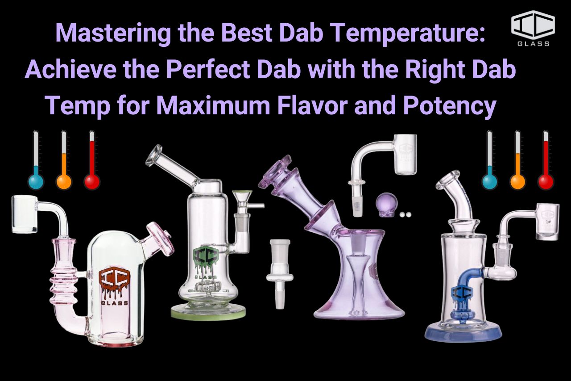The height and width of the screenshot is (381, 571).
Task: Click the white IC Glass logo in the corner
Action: click(x=533, y=28)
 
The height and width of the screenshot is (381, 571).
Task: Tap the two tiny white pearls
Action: click(x=405, y=215)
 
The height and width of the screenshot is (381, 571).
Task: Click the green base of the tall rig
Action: click(x=208, y=313)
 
